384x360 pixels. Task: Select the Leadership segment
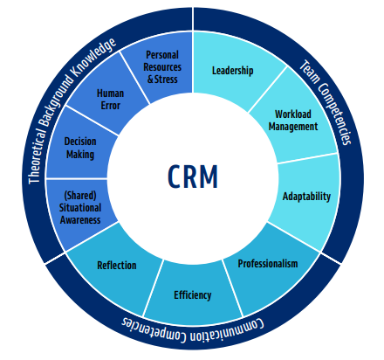point(233,71)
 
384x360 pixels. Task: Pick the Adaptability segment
point(306,196)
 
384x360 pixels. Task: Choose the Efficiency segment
point(192,294)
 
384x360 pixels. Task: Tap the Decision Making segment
point(80,148)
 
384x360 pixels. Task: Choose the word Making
point(80,155)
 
